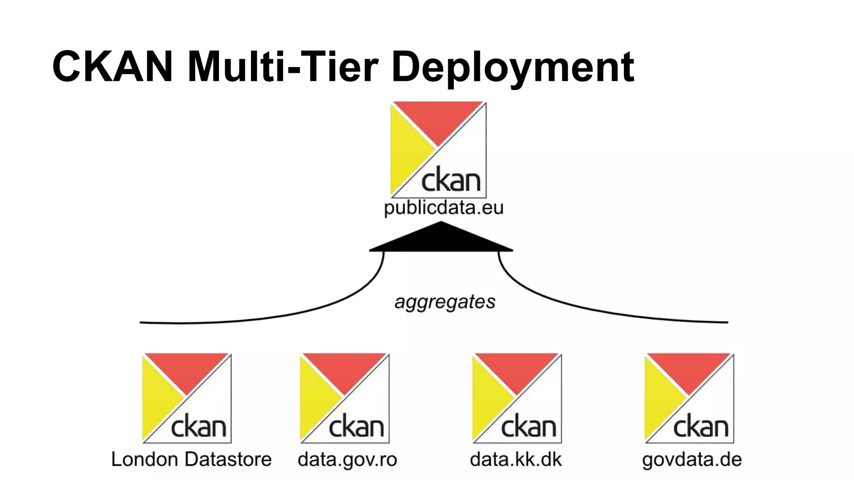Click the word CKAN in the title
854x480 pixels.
[113, 67]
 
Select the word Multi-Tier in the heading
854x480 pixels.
[283, 67]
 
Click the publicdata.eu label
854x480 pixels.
[444, 207]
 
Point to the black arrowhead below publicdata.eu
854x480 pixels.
[441, 240]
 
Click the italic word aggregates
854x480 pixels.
[445, 302]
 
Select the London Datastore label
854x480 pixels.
[191, 459]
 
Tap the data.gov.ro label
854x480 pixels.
[347, 460]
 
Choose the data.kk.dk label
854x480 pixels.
[516, 460]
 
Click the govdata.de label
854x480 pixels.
[692, 460]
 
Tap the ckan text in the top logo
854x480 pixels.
[451, 180]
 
